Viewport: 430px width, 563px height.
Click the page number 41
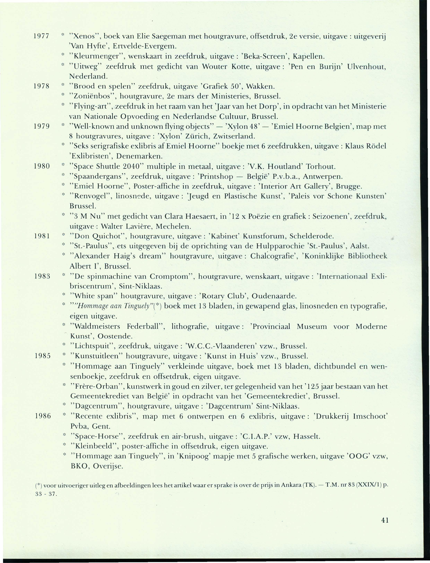385,506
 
